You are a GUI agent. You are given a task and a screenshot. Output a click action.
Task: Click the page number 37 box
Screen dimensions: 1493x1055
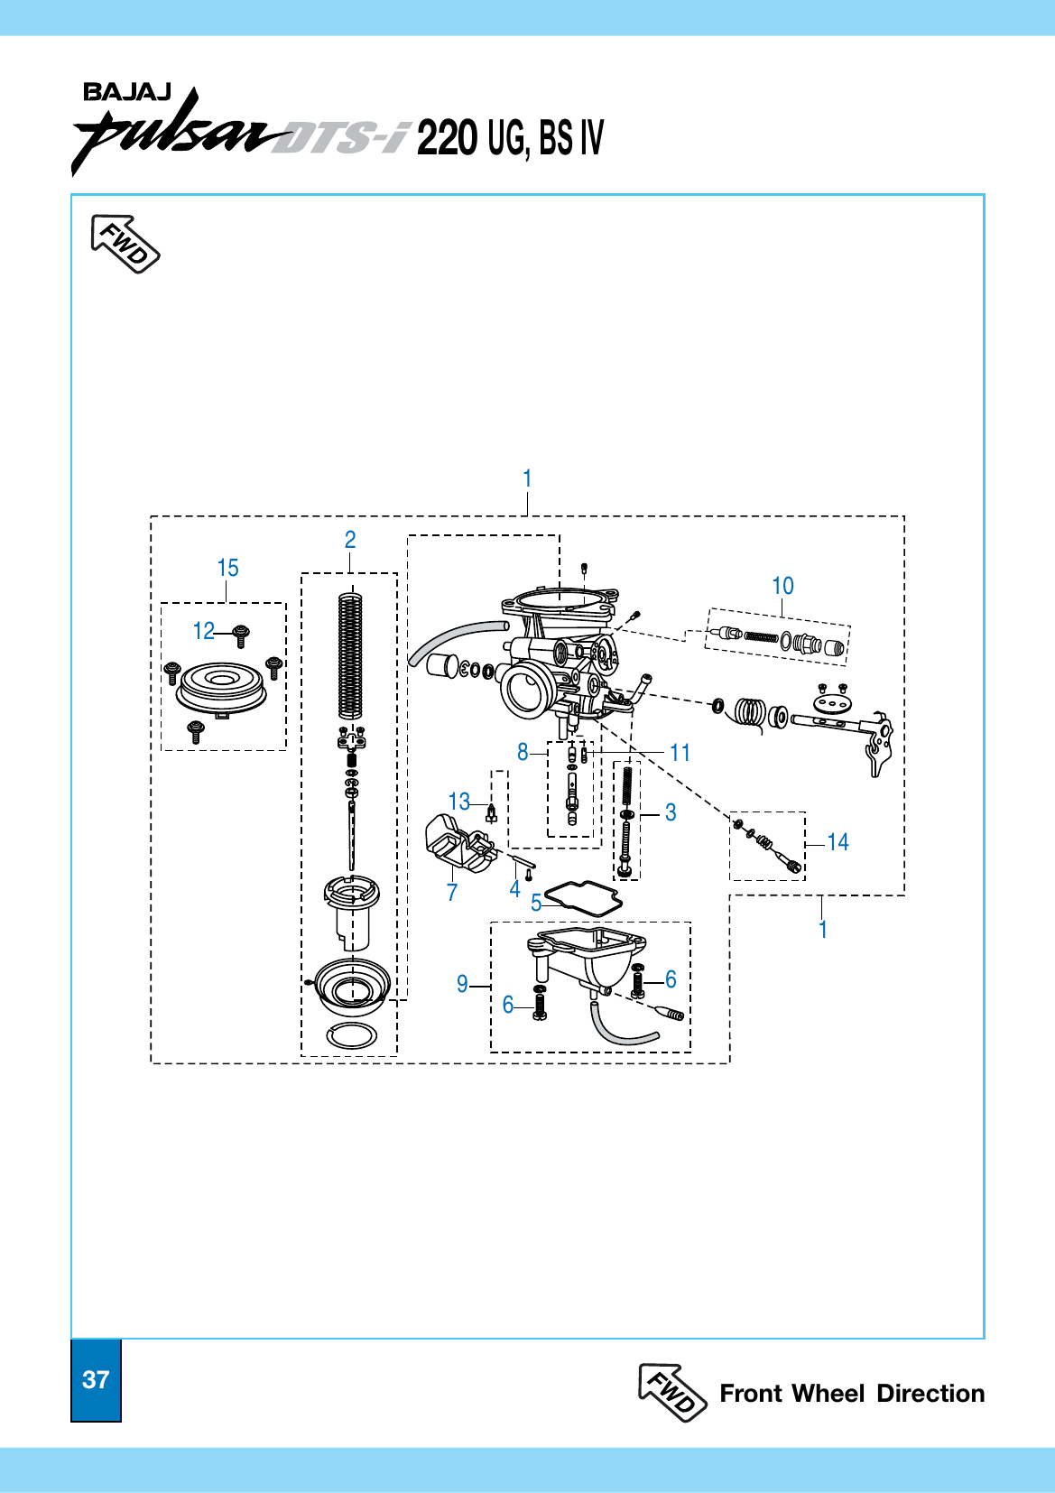click(96, 1379)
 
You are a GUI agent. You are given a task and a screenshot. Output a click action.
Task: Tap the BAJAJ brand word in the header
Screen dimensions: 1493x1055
click(126, 93)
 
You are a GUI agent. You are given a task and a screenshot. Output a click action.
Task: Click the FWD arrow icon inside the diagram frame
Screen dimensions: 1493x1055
click(125, 244)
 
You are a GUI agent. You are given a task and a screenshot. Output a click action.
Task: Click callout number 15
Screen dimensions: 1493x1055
click(227, 568)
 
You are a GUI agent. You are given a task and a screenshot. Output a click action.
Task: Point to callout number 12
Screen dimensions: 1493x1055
click(204, 630)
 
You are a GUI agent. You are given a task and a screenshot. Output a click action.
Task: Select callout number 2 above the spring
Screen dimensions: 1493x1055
click(350, 540)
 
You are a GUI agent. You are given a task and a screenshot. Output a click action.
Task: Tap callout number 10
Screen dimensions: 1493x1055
click(782, 586)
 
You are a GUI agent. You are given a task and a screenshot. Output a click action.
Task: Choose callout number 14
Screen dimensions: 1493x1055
click(838, 842)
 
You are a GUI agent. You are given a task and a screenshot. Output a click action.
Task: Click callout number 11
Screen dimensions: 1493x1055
click(680, 752)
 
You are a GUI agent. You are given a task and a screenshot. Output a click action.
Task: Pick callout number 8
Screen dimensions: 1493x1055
click(523, 752)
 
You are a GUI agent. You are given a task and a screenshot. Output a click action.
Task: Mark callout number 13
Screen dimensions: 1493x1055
click(458, 802)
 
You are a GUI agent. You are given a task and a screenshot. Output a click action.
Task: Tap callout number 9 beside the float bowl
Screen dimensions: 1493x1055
click(462, 984)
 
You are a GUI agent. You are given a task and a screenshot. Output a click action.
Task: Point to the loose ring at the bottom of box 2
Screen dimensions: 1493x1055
click(351, 1035)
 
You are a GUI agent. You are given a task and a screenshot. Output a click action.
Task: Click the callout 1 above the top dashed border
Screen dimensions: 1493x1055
click(527, 478)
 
